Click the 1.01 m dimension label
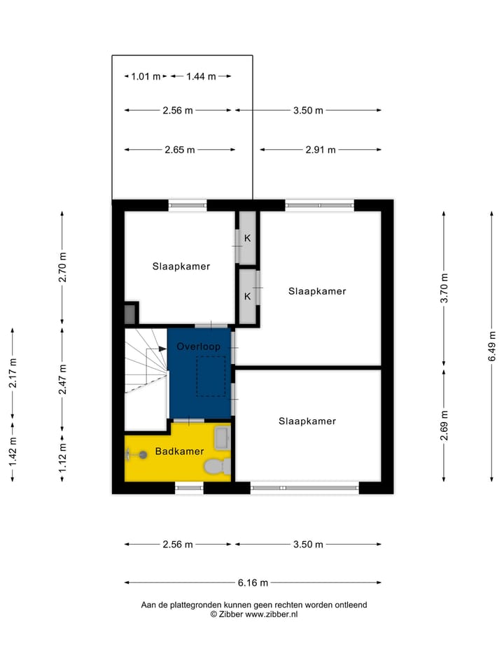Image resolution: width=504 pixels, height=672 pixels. click(x=146, y=76)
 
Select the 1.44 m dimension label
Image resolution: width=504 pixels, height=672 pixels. click(x=201, y=76)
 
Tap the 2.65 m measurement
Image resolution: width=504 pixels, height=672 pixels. click(x=180, y=149)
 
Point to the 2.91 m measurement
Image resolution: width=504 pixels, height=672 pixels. click(x=321, y=149)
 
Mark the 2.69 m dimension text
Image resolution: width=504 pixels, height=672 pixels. click(x=444, y=426)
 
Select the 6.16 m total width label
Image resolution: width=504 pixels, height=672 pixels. click(x=253, y=582)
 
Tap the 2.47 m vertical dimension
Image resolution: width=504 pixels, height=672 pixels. click(x=62, y=379)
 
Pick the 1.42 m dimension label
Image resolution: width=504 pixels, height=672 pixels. click(x=12, y=452)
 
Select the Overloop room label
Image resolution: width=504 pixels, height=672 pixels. click(x=198, y=346)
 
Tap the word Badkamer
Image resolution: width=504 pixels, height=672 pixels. click(x=180, y=451)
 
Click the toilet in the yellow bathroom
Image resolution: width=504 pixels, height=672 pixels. click(x=216, y=465)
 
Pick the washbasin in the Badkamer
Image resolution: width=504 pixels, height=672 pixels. click(x=222, y=438)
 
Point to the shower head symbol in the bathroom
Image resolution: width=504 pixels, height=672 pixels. click(x=142, y=455)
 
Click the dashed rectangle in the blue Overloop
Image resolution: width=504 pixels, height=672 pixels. click(x=211, y=377)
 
